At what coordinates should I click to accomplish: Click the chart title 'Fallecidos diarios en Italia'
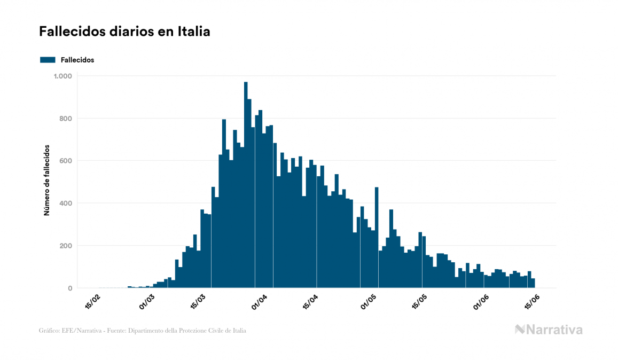[124, 32]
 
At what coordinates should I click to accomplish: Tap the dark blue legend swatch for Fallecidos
[48, 60]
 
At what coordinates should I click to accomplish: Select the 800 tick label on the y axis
[66, 119]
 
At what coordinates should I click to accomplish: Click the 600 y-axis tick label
[66, 161]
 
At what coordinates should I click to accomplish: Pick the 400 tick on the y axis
[66, 204]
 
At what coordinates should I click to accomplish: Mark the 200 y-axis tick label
[66, 246]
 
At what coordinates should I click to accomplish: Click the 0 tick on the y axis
[69, 288]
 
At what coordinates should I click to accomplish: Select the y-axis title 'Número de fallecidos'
[46, 180]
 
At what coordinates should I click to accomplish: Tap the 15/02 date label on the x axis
[92, 302]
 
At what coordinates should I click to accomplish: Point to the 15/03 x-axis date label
[197, 302]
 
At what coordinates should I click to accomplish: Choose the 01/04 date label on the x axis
[259, 302]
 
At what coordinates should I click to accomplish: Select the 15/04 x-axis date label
[310, 302]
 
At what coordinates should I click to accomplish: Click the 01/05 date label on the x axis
[369, 302]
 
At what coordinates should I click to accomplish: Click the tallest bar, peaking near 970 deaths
[246, 187]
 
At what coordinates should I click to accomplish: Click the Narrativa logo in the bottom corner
[549, 330]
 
